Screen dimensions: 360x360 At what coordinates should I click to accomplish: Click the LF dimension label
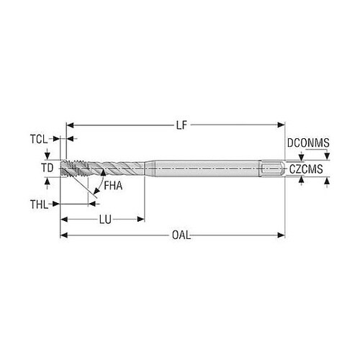point(181,125)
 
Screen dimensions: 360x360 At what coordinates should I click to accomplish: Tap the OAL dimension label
point(181,235)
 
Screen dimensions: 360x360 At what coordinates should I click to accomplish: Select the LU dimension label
point(105,220)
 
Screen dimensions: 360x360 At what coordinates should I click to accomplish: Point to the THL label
point(39,204)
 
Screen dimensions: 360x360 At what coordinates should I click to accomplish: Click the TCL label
point(39,139)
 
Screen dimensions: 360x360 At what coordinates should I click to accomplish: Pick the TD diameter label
point(47,168)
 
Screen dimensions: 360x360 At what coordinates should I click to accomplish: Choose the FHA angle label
point(113,186)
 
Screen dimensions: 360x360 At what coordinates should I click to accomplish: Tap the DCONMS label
point(308,143)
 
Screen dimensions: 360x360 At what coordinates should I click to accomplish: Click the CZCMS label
point(306,169)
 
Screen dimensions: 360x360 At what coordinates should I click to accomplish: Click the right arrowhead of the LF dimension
point(282,125)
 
